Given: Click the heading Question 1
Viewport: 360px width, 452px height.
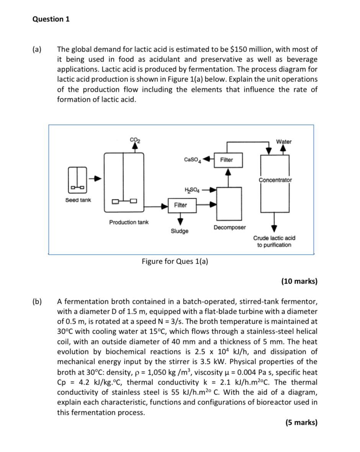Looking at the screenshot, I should [51, 19].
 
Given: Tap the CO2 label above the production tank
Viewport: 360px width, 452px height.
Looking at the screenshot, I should [135, 140].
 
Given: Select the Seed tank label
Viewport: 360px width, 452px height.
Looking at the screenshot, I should [78, 200].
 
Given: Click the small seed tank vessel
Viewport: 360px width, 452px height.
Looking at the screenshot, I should [78, 179].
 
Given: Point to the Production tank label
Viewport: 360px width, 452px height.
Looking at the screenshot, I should [129, 222].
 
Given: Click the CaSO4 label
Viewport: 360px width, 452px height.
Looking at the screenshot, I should [192, 159].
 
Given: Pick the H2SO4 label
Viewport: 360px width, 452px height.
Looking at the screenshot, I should [192, 189].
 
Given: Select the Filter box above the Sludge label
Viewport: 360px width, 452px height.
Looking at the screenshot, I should [180, 205].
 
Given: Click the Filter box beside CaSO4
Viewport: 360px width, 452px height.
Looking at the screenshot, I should [226, 160].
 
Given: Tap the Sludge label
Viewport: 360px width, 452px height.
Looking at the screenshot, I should [180, 231].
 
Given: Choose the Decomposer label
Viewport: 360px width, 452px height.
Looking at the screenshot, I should [229, 227].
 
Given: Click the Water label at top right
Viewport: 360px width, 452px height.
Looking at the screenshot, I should [284, 142].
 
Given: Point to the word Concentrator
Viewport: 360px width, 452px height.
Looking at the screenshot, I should [275, 180].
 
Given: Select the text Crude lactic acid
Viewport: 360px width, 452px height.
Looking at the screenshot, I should [274, 238].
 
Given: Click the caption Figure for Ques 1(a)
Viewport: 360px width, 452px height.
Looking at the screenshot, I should [175, 261].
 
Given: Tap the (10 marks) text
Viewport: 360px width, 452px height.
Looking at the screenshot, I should [299, 281].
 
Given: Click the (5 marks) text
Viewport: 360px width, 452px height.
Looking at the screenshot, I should [301, 423].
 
